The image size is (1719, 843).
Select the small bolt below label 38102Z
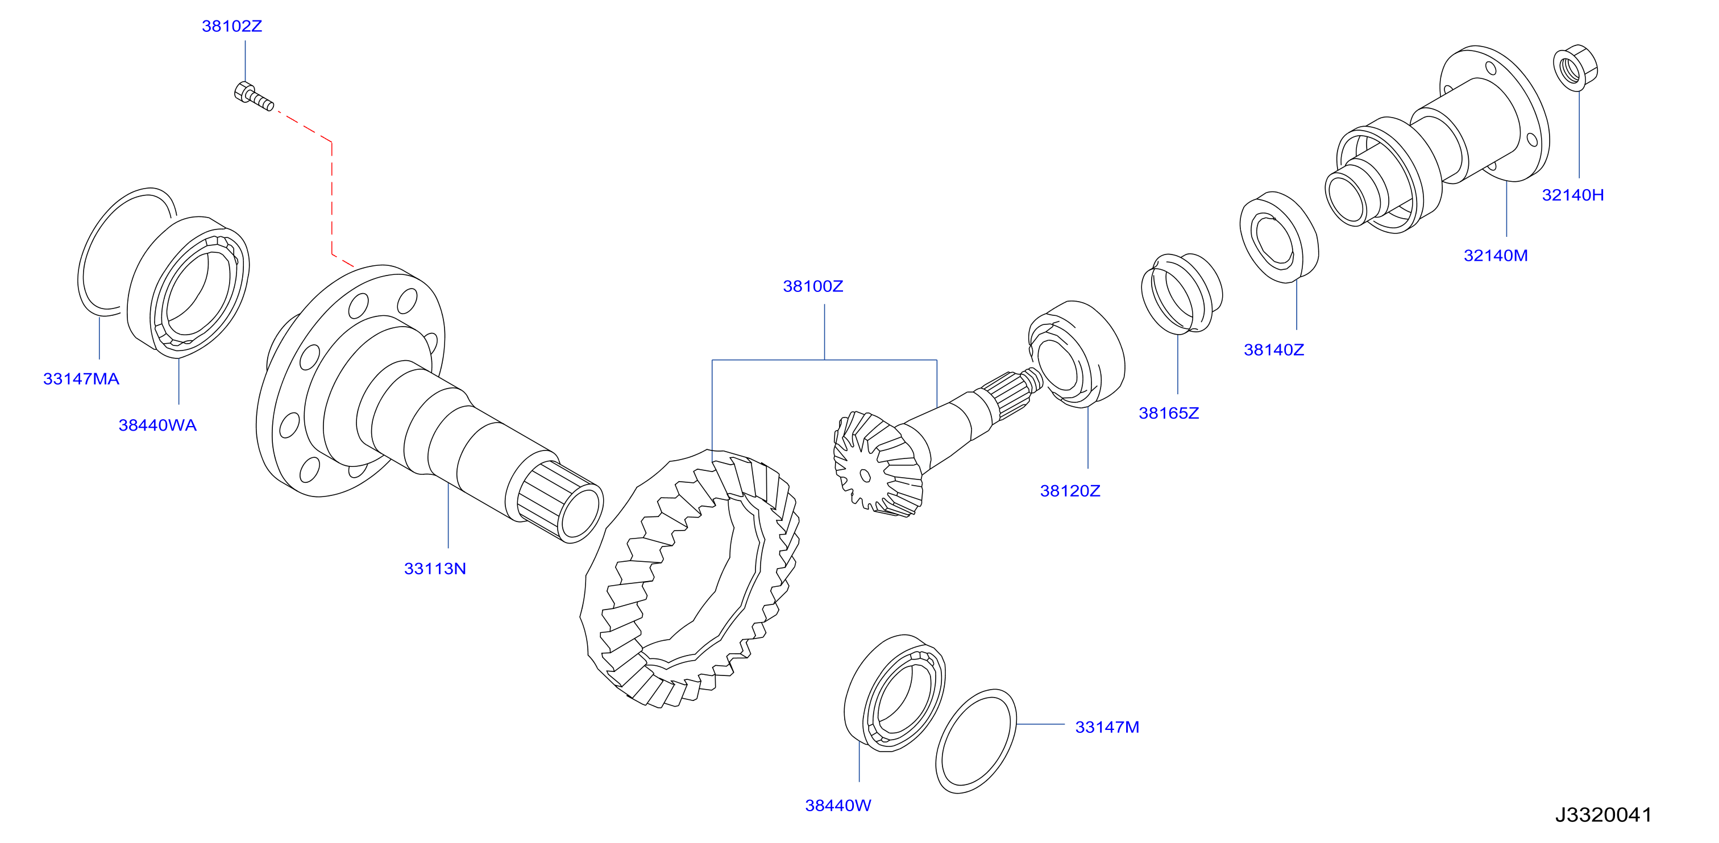(254, 96)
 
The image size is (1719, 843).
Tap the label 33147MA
(81, 379)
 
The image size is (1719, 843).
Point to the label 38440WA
(157, 425)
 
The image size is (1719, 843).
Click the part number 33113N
(434, 568)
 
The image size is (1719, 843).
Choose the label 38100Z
(813, 286)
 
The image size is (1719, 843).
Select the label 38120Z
(1070, 491)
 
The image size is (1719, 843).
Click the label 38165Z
(1169, 413)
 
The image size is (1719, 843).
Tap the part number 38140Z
(1273, 349)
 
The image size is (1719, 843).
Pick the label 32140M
(1496, 256)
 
